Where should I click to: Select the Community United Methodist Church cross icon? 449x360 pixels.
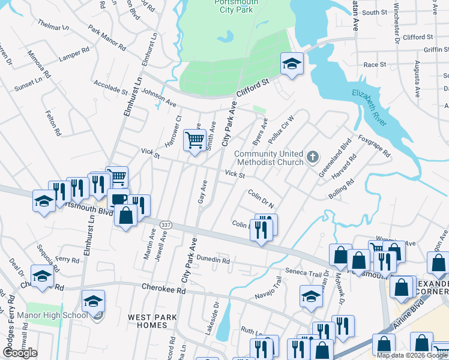(x=312, y=158)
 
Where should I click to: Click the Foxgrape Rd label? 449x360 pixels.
(x=373, y=145)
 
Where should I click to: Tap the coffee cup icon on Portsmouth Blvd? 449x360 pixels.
(x=118, y=199)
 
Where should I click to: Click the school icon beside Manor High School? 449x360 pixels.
(x=93, y=301)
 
